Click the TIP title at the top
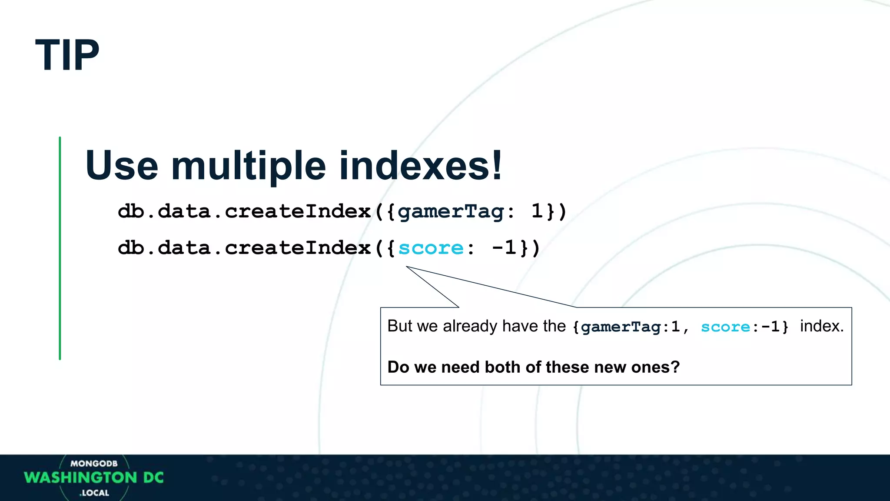67,55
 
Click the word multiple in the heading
248,166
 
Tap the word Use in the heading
122,166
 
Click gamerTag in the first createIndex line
451,212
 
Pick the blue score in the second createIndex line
431,248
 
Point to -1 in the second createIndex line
504,248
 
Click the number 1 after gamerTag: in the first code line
537,211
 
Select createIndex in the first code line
298,211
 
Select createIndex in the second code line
298,248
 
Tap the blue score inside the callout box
725,327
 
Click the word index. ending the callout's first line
822,326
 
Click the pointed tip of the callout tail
407,267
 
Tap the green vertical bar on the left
60,248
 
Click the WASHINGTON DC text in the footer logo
94,478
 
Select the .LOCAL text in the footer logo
94,493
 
